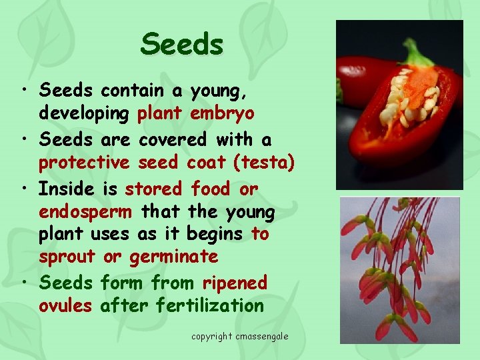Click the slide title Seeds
pos(181,45)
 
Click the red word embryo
pos(221,113)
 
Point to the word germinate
pos(173,257)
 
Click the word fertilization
pos(209,306)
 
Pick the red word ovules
pos(67,306)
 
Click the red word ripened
pos(235,283)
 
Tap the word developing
pos(84,113)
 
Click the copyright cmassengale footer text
pos(239,336)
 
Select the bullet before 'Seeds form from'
pos(24,283)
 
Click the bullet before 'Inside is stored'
pos(24,189)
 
